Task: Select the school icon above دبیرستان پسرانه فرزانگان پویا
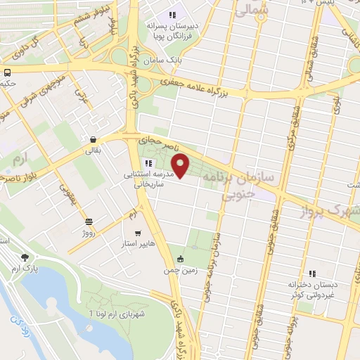(x=172, y=15)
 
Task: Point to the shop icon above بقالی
(x=94, y=139)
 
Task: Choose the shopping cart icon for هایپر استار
(x=138, y=234)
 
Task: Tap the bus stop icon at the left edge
(x=6, y=72)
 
